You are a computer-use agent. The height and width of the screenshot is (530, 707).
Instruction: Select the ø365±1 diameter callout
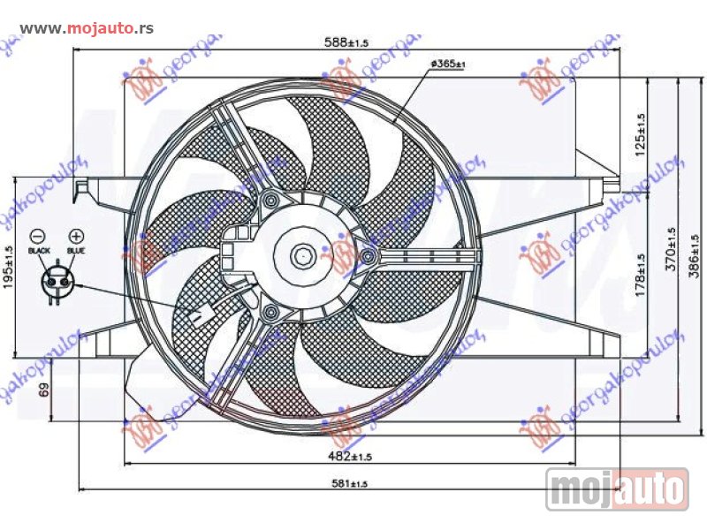(x=448, y=64)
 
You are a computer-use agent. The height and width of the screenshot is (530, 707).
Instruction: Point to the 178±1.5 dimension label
(x=642, y=275)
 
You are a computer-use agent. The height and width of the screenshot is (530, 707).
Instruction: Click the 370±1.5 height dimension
(x=670, y=249)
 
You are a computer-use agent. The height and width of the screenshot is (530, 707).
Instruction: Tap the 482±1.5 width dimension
(x=351, y=457)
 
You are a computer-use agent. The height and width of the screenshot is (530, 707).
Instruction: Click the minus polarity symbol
(x=38, y=236)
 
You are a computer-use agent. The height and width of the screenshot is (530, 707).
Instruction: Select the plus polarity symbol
(x=76, y=236)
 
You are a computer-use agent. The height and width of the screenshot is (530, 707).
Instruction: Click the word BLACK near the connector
(x=39, y=252)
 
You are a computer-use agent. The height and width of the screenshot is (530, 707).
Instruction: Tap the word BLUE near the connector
(x=76, y=252)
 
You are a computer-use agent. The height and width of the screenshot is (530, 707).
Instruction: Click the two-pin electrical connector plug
(x=57, y=282)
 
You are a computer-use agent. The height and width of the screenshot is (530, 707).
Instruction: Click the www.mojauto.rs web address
(x=86, y=28)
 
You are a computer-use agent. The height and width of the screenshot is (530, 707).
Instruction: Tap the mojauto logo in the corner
(x=617, y=488)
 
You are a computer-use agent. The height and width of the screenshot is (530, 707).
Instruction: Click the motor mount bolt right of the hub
(x=368, y=257)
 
